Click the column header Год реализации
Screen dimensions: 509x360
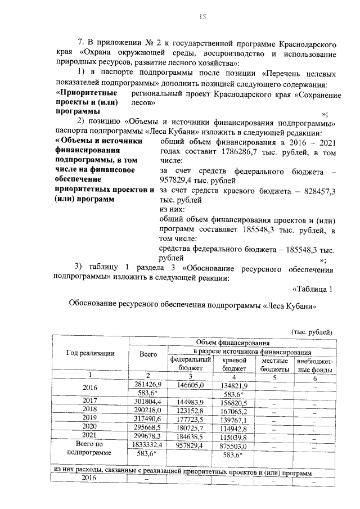pos(91,353)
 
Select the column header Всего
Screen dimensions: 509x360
pos(147,353)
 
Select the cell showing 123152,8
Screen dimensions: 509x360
pos(191,410)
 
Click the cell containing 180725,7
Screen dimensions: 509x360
pos(191,427)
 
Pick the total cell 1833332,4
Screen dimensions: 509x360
pos(147,444)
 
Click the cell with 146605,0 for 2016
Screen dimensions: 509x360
pos(191,385)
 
